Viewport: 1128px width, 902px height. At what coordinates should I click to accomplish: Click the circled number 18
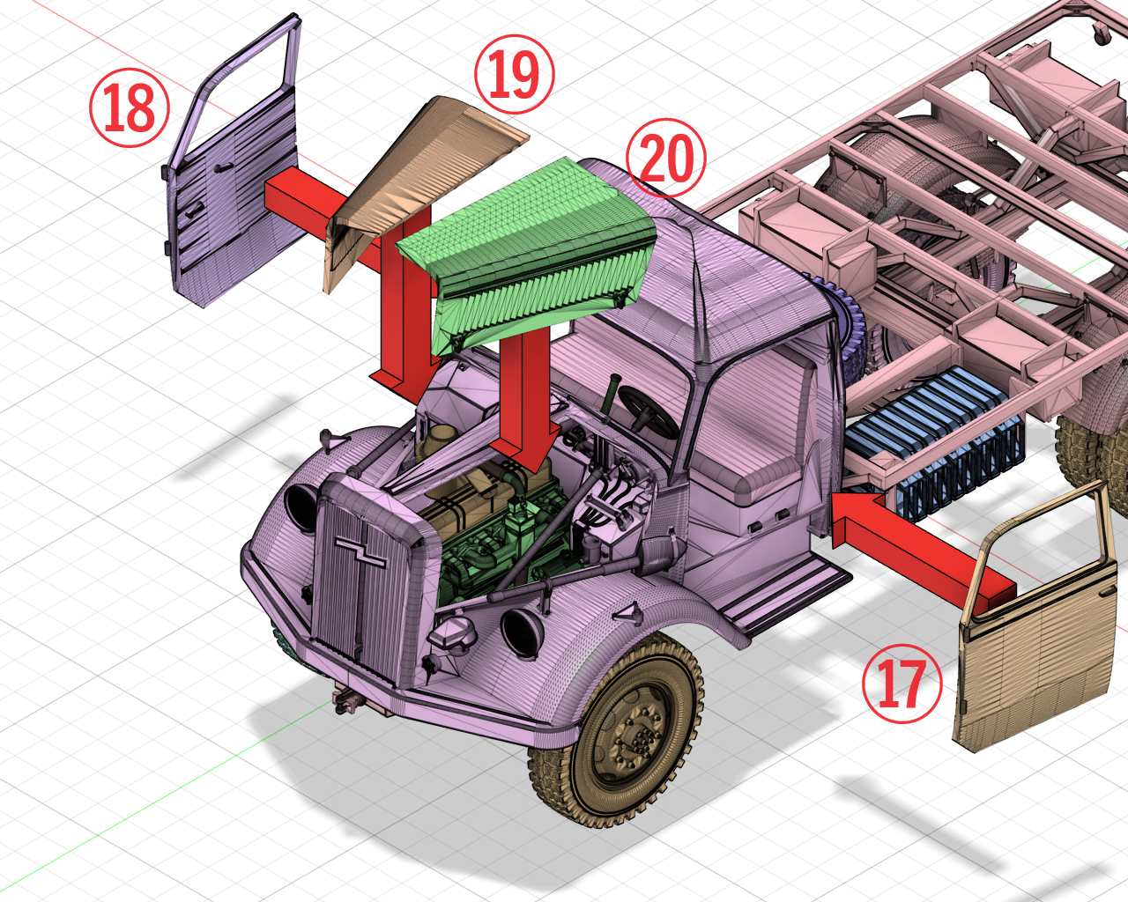pyautogui.click(x=130, y=108)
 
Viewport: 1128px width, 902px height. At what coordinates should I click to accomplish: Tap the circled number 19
pyautogui.click(x=514, y=75)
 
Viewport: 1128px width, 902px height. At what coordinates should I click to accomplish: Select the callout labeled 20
pyautogui.click(x=666, y=159)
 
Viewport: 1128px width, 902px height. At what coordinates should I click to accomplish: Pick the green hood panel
pyautogui.click(x=529, y=255)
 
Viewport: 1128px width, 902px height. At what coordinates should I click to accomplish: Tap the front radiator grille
pyautogui.click(x=361, y=573)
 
